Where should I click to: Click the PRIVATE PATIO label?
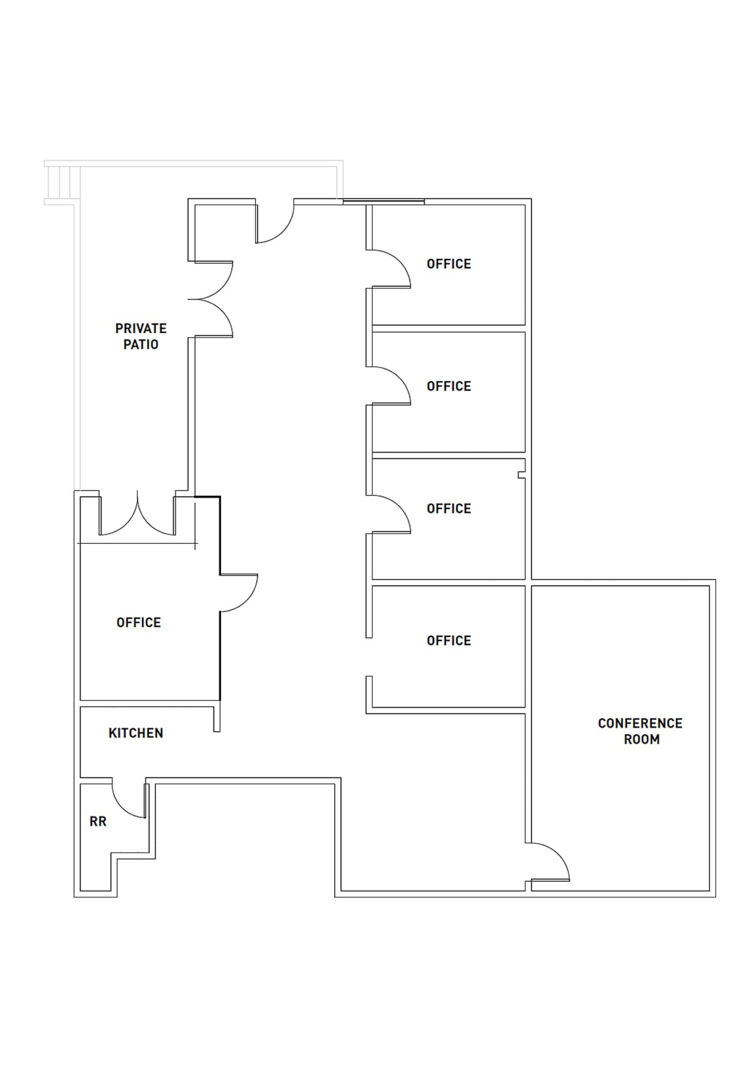point(141,336)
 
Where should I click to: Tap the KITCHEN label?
point(136,733)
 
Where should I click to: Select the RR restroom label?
point(98,822)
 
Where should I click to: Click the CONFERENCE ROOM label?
point(640,731)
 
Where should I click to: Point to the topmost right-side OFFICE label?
point(448,264)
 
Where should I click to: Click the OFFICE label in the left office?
point(139,623)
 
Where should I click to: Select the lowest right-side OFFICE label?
point(448,641)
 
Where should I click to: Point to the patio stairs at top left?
point(63,183)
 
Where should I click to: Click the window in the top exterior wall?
point(383,201)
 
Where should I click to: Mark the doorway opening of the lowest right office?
point(369,657)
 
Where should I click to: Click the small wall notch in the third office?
point(521,475)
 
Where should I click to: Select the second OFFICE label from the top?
point(448,386)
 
